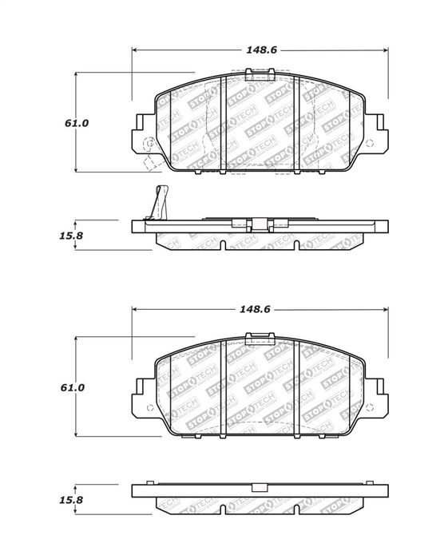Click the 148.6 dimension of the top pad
click(261, 50)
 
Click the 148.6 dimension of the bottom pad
click(255, 309)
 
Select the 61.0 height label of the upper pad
click(77, 123)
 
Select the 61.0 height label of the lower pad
click(73, 387)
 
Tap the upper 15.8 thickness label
click(71, 236)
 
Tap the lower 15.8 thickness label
click(71, 500)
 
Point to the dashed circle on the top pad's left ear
click(149, 144)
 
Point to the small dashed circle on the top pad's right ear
click(370, 144)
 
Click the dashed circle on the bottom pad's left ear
click(150, 408)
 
